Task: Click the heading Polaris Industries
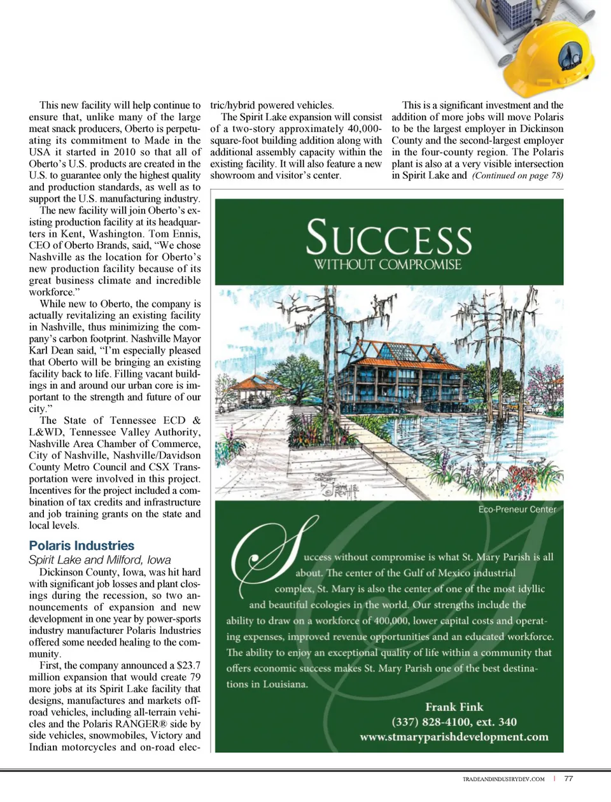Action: (81, 545)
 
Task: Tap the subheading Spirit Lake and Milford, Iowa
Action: (99, 560)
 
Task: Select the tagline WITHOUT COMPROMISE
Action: (388, 265)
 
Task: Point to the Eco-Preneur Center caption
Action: (517, 509)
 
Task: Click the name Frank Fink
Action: (454, 707)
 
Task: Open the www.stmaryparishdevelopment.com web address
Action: (453, 737)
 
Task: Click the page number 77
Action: (568, 778)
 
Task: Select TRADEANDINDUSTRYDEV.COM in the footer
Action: (503, 779)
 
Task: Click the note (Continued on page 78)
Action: (517, 176)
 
